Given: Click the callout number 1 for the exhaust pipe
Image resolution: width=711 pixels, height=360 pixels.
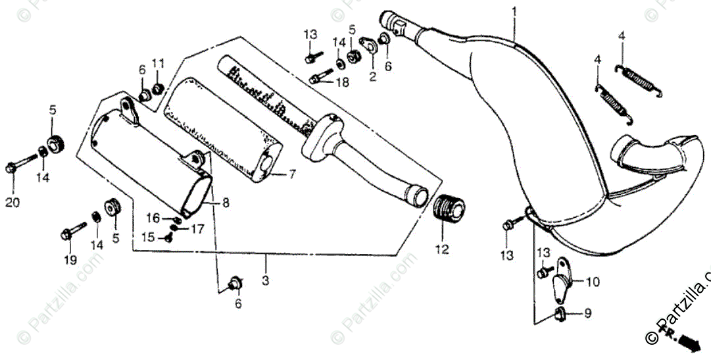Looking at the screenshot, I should (514, 11).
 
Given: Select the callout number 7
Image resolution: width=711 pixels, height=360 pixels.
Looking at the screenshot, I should (292, 174).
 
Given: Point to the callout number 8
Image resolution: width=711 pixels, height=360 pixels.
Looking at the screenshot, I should (226, 203).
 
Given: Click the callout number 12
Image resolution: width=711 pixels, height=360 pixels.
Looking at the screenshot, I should (441, 249).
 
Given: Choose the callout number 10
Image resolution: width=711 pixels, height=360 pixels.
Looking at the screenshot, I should (592, 283).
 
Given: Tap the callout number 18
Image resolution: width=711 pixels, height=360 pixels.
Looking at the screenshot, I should (343, 82).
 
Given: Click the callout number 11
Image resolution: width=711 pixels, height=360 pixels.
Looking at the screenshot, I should (158, 63).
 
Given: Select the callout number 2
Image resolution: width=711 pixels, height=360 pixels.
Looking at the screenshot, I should (372, 78).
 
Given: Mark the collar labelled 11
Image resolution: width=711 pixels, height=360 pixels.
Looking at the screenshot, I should (158, 88).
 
